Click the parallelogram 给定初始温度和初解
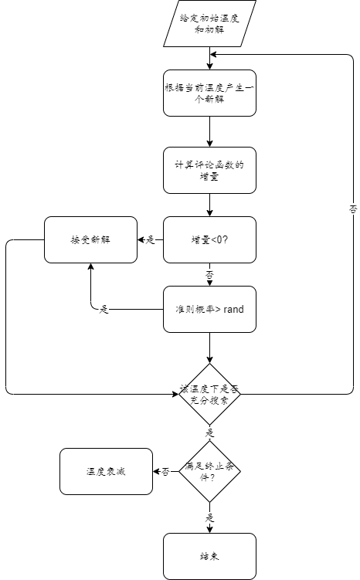[x=209, y=23]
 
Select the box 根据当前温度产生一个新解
[x=209, y=93]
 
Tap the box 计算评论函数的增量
[x=209, y=170]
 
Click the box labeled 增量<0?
[x=209, y=239]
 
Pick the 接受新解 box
[x=90, y=239]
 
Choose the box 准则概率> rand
[x=209, y=309]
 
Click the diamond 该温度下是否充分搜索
[x=209, y=394]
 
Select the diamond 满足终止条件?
[x=209, y=471]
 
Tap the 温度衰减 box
[x=106, y=471]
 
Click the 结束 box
[x=209, y=556]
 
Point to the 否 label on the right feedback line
[x=353, y=209]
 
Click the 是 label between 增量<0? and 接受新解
[x=150, y=240]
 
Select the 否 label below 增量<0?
[x=209, y=274]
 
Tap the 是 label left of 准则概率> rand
[x=104, y=310]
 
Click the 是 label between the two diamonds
[x=209, y=433]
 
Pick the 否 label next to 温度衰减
[x=165, y=472]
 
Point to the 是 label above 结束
[x=209, y=517]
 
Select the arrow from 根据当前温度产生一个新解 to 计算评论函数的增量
[x=209, y=131]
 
